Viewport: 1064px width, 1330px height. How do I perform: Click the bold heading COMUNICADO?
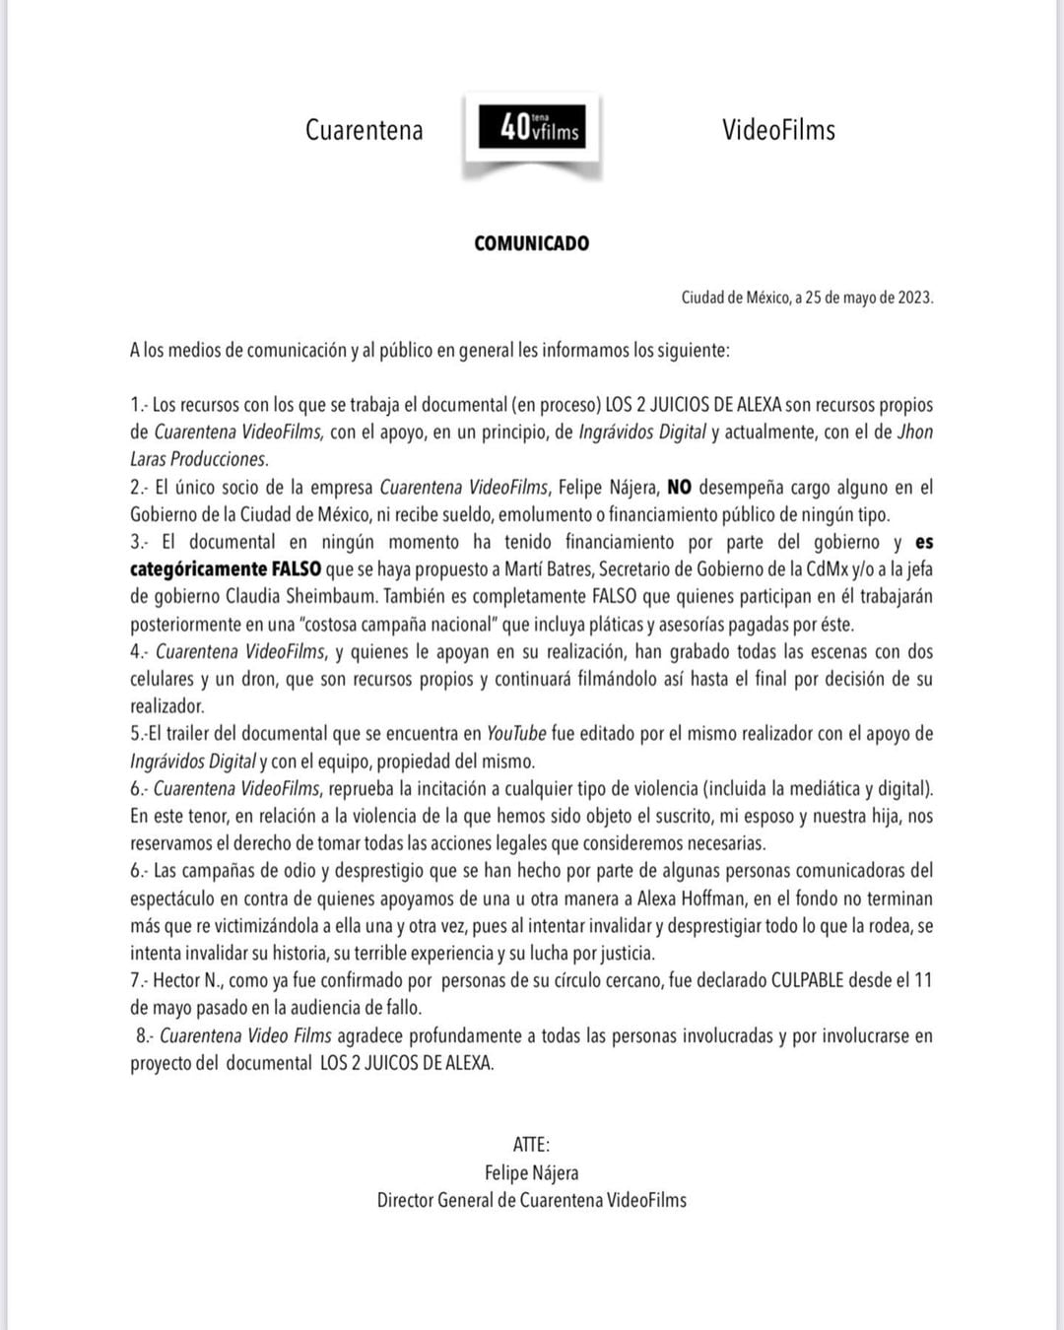[531, 243]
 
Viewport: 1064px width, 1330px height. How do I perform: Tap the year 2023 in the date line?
[914, 298]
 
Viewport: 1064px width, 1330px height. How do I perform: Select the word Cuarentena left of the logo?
[364, 130]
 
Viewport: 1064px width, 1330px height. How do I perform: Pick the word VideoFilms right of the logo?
[778, 130]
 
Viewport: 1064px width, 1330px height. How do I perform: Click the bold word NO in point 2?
[680, 487]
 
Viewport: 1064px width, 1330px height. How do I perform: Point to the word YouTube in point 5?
[516, 733]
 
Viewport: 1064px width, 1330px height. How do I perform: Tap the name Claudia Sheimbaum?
[301, 596]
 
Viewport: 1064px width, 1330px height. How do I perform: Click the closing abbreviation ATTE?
[531, 1145]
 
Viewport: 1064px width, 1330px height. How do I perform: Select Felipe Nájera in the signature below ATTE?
[531, 1172]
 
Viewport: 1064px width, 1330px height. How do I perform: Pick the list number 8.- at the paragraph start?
[145, 1035]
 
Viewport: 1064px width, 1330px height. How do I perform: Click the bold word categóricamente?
[198, 568]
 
